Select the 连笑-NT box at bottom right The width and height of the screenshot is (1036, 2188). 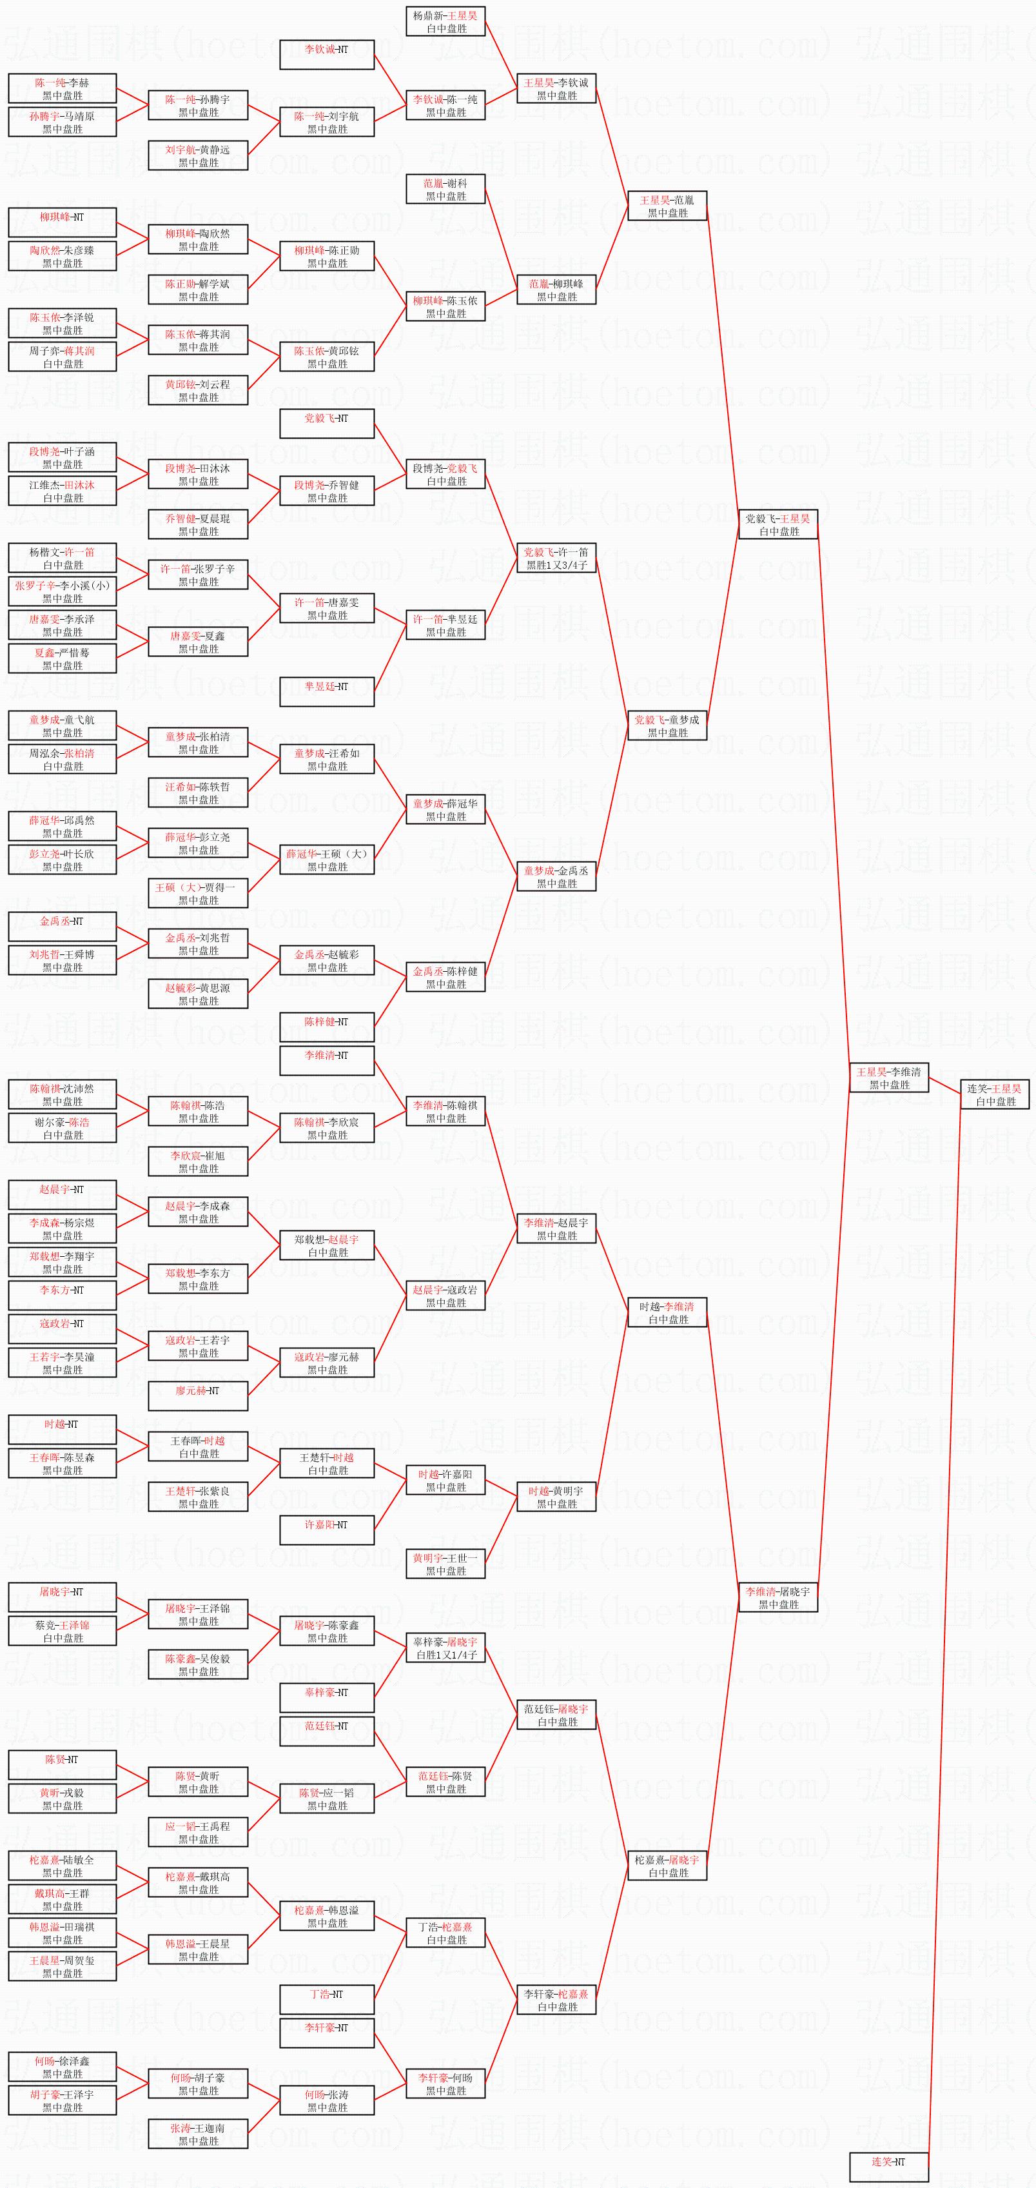tap(888, 2165)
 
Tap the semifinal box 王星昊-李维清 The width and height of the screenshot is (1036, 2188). tap(888, 1078)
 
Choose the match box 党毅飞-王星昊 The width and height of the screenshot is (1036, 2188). tap(778, 524)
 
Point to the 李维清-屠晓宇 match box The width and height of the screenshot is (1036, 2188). tap(778, 1598)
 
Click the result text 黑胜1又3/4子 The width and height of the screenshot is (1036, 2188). tap(556, 565)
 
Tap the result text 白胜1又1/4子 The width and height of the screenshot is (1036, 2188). tap(446, 1655)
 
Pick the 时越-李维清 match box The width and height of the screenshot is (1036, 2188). tap(667, 1312)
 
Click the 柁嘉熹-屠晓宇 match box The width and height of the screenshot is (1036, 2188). tap(667, 1866)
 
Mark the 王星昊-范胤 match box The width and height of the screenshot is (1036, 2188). tap(667, 206)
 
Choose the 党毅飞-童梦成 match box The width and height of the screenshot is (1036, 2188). tap(667, 726)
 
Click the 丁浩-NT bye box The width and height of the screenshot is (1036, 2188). tap(327, 2000)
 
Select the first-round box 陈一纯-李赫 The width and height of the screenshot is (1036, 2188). tap(62, 88)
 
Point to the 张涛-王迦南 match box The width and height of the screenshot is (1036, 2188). tap(198, 2134)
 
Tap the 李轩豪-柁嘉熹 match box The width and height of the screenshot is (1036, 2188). tap(556, 2000)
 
